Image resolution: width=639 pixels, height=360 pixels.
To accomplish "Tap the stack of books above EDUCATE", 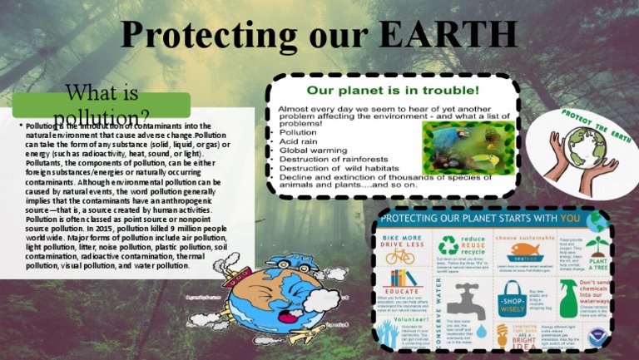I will point(401,279).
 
